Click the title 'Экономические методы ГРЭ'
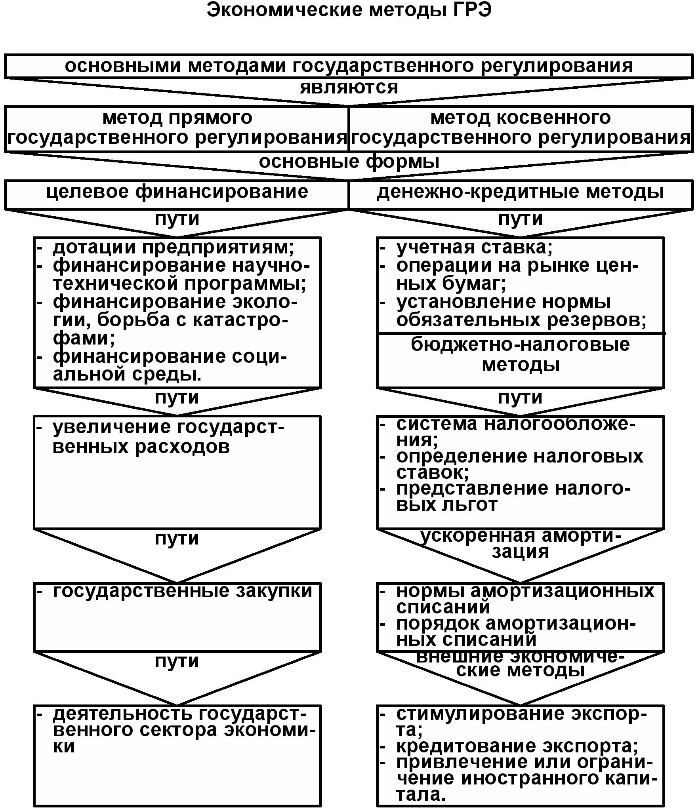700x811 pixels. (349, 10)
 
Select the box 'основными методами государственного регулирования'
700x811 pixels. (349, 66)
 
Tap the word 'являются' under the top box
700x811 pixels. (349, 88)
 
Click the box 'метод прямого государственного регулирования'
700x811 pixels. (177, 128)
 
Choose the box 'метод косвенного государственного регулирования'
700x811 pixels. (521, 128)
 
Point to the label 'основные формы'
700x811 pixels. (349, 162)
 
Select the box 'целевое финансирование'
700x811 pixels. (177, 192)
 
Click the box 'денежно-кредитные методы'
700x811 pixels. (521, 192)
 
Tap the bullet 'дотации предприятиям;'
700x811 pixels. (173, 247)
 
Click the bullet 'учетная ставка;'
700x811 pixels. (474, 247)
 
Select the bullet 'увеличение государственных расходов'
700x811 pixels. (168, 437)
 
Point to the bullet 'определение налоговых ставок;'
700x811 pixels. (519, 464)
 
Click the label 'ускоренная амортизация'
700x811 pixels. (521, 543)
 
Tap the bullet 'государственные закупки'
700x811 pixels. (182, 591)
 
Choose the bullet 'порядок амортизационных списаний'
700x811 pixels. (515, 631)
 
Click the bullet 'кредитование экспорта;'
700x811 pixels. (517, 746)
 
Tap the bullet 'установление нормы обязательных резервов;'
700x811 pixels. (521, 311)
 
